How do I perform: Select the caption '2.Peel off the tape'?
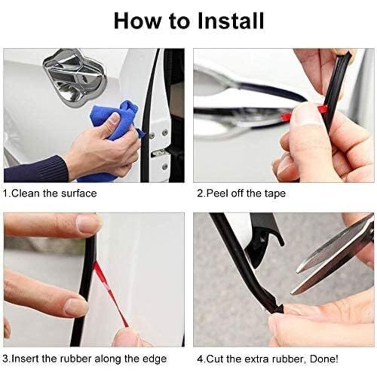pos(241,193)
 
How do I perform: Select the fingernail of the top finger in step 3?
pos(88,223)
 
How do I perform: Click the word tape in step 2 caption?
pos(276,193)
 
